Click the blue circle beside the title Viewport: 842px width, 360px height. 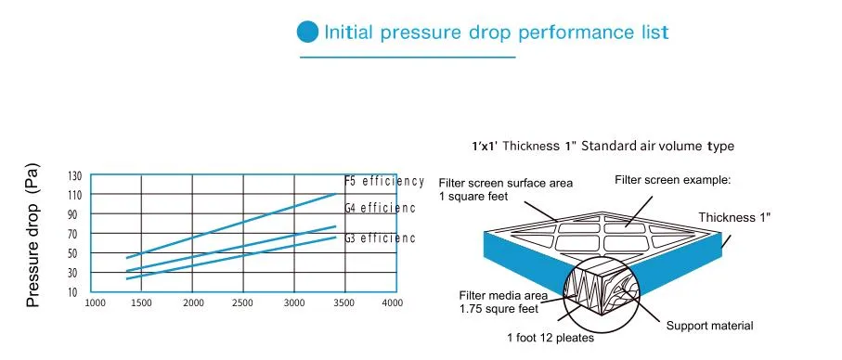tap(307, 32)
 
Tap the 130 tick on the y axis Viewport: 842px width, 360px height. tap(74, 176)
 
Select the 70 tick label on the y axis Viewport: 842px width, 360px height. tap(76, 234)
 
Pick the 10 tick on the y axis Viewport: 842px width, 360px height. tap(76, 292)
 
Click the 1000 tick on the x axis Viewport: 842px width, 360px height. tap(96, 303)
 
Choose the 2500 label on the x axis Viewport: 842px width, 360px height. tap(242, 303)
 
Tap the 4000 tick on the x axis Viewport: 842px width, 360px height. tap(392, 303)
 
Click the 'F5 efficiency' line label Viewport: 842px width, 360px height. tap(384, 181)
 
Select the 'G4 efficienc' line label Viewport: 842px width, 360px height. tap(381, 208)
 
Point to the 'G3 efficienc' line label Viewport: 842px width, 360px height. tap(381, 238)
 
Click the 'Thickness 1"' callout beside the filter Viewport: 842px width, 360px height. tap(734, 217)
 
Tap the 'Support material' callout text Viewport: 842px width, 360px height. tap(709, 326)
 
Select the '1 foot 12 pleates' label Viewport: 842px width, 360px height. tap(551, 338)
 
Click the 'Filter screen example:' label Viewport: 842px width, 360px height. tap(673, 180)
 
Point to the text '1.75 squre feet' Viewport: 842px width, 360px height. tap(499, 309)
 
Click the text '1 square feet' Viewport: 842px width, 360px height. tap(473, 197)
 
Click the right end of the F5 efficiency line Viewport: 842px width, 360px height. tap(336, 194)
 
